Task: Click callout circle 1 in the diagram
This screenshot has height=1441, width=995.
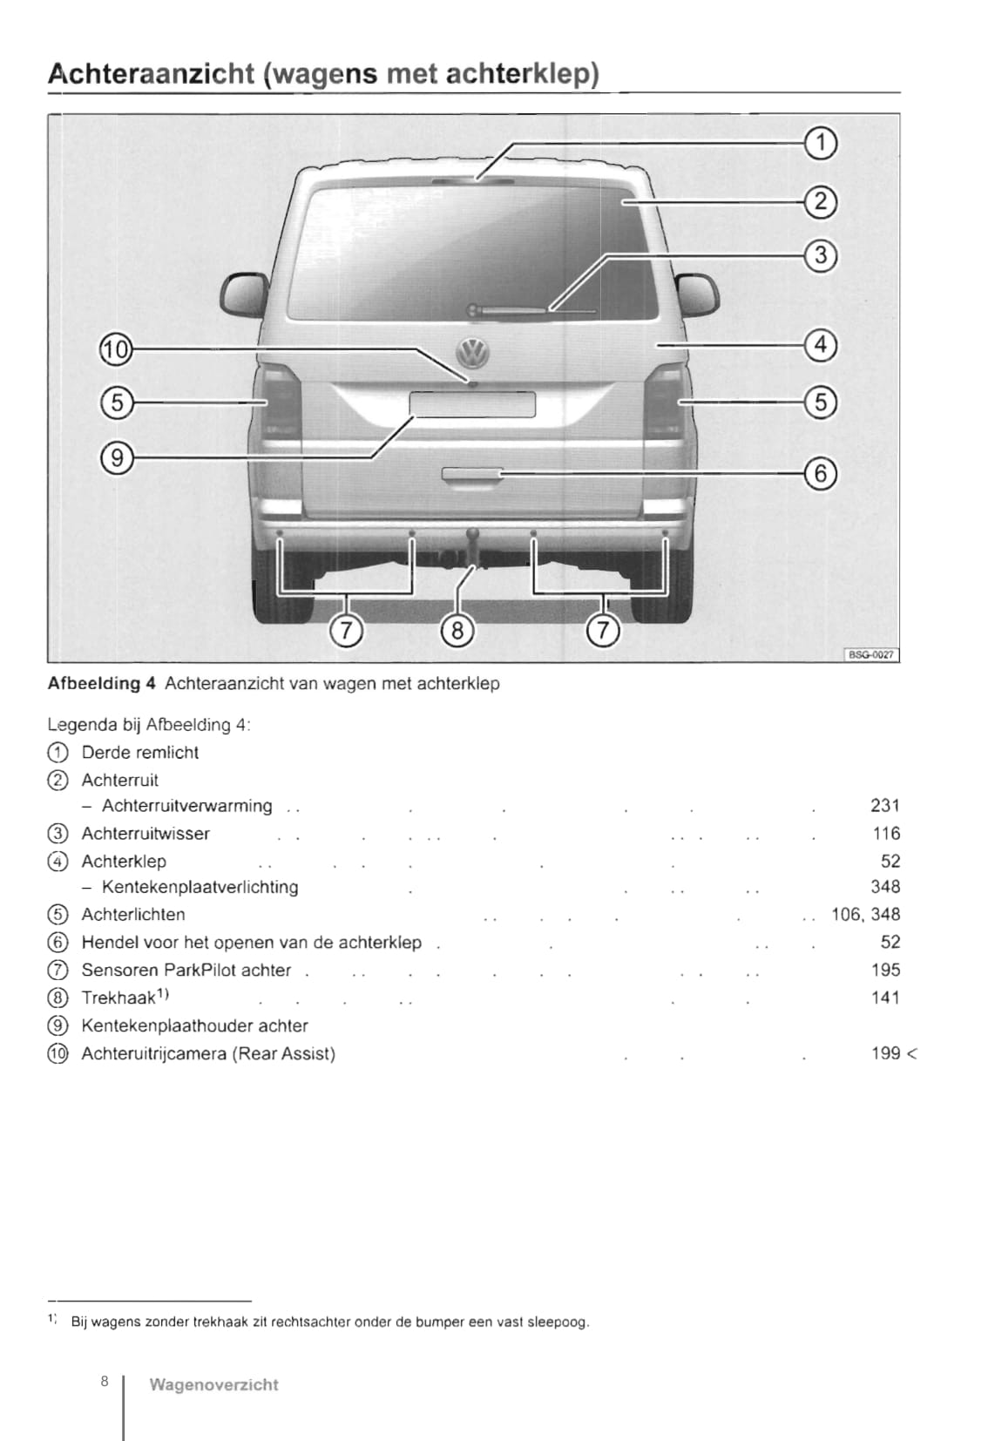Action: (820, 144)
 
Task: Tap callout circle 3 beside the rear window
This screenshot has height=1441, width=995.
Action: (820, 255)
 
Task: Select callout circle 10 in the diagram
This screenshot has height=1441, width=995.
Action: (115, 350)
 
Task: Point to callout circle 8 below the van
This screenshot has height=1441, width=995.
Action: (457, 629)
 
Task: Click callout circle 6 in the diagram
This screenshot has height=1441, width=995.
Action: (820, 473)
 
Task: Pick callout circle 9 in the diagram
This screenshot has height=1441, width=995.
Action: (116, 457)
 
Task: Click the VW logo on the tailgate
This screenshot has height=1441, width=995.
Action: (473, 353)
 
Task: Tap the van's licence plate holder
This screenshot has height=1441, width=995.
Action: (472, 404)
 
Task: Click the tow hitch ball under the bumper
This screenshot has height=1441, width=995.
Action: (472, 535)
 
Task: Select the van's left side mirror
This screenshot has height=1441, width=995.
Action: (243, 294)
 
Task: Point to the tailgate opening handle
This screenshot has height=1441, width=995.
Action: (472, 473)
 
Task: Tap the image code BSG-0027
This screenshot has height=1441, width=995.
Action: (871, 654)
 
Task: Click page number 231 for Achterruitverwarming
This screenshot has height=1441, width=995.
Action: (884, 806)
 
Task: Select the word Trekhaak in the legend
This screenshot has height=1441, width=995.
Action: (118, 998)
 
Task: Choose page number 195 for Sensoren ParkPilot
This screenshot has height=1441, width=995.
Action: (885, 970)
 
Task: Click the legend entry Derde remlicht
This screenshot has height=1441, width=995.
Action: (139, 753)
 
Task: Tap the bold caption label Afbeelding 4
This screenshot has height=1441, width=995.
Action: (101, 684)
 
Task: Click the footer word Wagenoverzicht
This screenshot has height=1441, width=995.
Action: (213, 1384)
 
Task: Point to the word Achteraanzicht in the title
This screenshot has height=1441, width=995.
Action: (151, 75)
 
